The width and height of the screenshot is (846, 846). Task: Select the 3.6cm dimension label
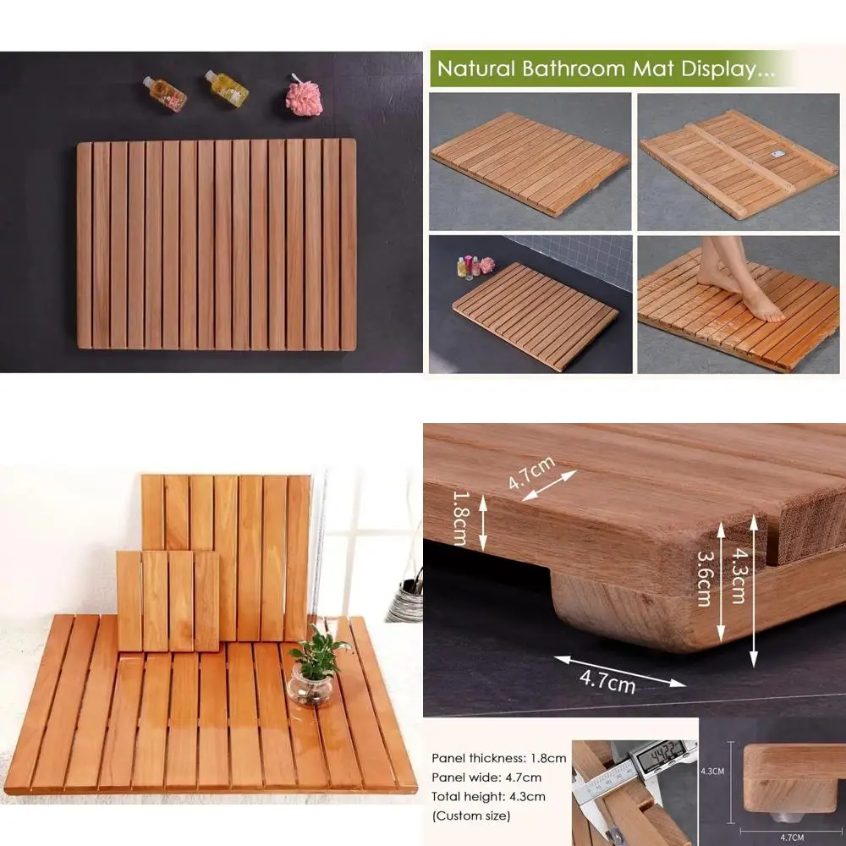pyautogui.click(x=702, y=580)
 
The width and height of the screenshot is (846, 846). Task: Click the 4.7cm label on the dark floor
pyautogui.click(x=608, y=679)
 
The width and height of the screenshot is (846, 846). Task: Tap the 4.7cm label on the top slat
pyautogui.click(x=530, y=473)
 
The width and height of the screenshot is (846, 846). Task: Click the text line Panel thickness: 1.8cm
pyautogui.click(x=499, y=759)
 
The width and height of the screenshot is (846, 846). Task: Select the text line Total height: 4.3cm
pyautogui.click(x=488, y=796)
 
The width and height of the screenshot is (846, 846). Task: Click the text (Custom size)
pyautogui.click(x=471, y=816)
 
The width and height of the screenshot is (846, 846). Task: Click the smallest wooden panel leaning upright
pyautogui.click(x=168, y=601)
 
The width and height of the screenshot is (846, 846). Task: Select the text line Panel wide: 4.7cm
pyautogui.click(x=486, y=777)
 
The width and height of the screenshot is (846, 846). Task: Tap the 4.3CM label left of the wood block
pyautogui.click(x=712, y=772)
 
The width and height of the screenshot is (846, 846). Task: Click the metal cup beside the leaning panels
pyautogui.click(x=405, y=602)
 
